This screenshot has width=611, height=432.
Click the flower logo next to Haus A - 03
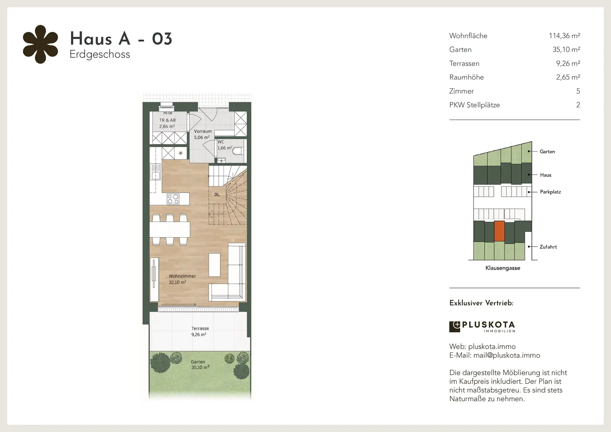pos(40,44)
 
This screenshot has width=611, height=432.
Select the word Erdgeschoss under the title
pos(100,54)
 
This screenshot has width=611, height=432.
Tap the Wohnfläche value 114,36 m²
pos(564,36)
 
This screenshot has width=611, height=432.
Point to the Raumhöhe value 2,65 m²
pos(568,77)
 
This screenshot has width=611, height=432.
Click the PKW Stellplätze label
pos(474,105)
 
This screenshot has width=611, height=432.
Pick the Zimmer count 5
pos(578,91)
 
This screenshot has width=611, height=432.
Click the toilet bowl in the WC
pos(237,151)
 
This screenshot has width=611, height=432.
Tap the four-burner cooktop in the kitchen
pos(173,199)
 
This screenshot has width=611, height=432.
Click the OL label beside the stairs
pos(217,194)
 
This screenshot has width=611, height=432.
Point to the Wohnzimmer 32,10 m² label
pos(182,279)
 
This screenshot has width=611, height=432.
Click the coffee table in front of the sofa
pos(214,265)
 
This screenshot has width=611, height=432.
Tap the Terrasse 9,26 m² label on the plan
pos(200,331)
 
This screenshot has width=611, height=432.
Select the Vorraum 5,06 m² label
pos(203,134)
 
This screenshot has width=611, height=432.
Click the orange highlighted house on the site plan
pos(499,231)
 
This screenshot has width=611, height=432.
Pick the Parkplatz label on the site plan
pos(551,192)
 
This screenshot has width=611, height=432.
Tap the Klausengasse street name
pos(503,268)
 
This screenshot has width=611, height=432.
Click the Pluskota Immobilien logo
pos(482,327)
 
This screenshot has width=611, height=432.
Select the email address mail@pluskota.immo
pos(507,355)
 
